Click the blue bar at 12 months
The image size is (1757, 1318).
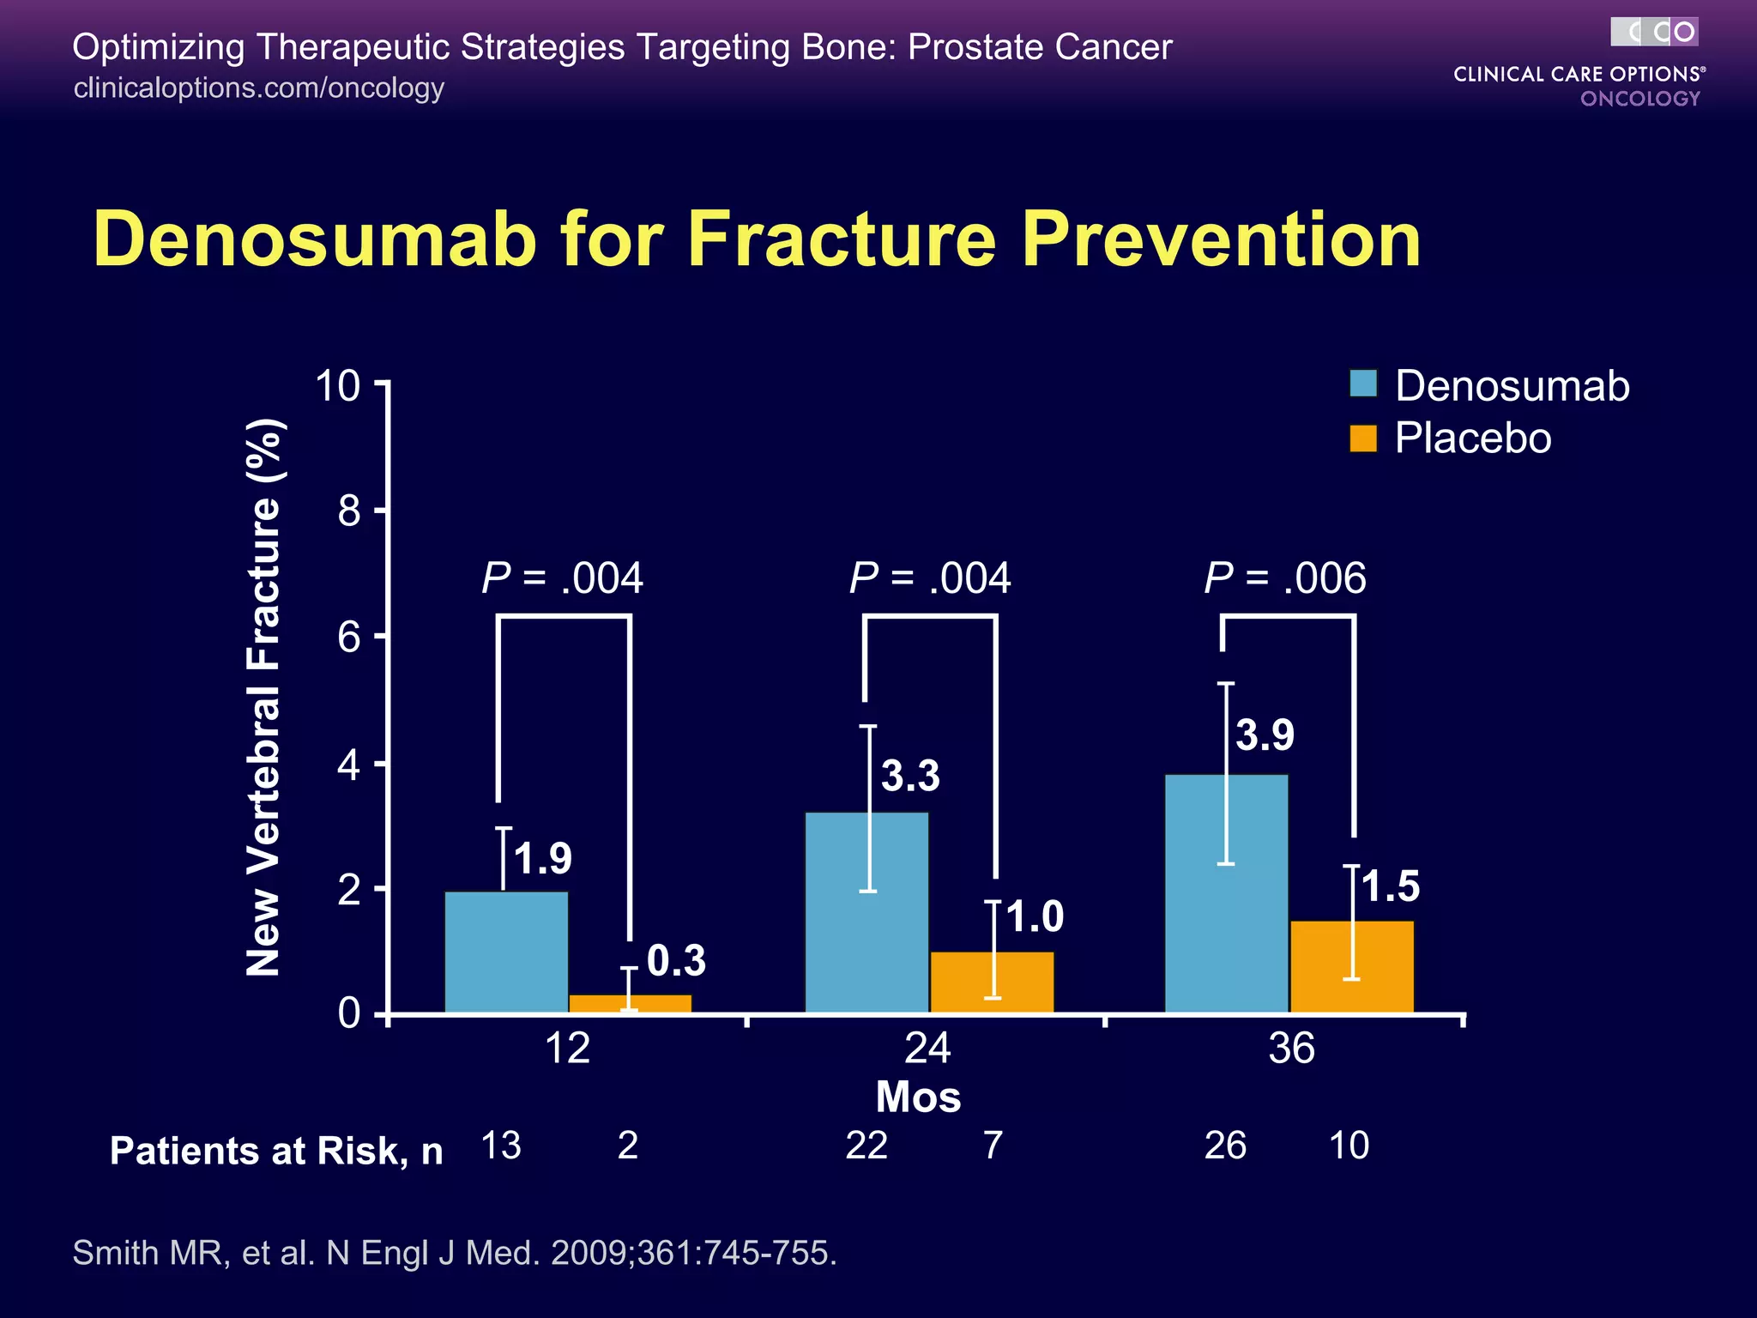(506, 952)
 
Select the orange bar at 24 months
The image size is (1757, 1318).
(993, 982)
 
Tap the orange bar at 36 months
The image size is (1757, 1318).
(1352, 967)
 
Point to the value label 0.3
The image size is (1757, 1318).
(676, 960)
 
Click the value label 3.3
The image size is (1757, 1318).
(910, 776)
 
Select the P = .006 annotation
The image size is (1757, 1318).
(1284, 577)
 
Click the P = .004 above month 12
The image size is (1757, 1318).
(562, 577)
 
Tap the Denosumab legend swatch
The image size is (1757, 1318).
(1363, 384)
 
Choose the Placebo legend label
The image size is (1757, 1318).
(1473, 438)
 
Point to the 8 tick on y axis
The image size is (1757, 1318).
(349, 511)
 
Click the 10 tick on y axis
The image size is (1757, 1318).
(338, 385)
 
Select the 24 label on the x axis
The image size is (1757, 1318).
(927, 1049)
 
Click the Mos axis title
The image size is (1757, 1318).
(918, 1097)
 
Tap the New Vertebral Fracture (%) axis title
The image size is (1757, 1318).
(264, 697)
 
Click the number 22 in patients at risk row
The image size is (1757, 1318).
(866, 1146)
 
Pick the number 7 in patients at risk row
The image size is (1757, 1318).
(993, 1146)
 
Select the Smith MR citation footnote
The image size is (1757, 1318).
(455, 1253)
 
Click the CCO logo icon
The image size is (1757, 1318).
(1654, 32)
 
